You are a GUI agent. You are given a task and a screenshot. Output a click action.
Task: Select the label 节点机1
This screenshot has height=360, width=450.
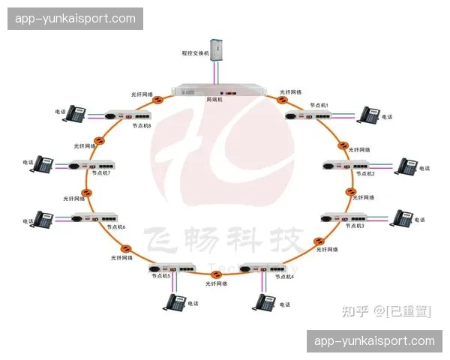(x=319, y=106)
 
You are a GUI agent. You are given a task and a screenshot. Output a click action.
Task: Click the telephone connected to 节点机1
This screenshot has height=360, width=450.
(x=368, y=115)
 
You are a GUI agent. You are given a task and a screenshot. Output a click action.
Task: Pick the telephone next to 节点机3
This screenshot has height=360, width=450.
(x=401, y=218)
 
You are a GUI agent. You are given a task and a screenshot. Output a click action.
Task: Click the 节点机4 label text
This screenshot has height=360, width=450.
(x=285, y=277)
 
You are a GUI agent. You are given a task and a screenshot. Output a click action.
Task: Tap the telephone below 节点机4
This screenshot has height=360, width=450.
(x=263, y=302)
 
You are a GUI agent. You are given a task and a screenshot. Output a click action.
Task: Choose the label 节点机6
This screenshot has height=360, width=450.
(x=115, y=226)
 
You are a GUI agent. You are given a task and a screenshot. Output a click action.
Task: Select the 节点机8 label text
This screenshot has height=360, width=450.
(x=142, y=126)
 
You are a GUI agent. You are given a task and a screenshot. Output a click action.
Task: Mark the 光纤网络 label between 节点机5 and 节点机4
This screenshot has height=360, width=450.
(x=217, y=283)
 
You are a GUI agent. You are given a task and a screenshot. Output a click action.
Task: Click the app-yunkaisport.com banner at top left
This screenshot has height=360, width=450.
(x=75, y=19)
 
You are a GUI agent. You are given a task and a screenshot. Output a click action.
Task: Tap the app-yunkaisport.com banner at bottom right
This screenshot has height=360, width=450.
(x=374, y=341)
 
